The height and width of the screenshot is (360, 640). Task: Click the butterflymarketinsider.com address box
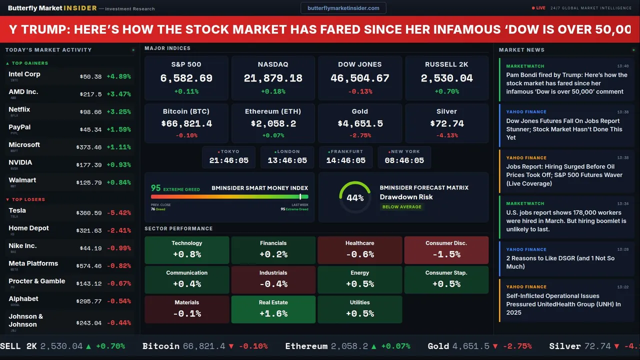coord(343,8)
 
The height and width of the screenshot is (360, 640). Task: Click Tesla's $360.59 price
coord(90,213)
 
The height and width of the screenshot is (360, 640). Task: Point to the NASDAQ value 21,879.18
coord(273,78)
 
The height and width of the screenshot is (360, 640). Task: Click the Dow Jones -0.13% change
coord(360,91)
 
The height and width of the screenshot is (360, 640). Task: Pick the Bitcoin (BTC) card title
coord(186,111)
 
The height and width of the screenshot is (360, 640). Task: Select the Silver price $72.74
coord(446,123)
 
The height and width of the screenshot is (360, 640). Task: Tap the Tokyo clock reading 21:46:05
coord(228,160)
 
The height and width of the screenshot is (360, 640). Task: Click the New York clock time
coord(404,160)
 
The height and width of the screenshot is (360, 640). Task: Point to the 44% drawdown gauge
coord(355,197)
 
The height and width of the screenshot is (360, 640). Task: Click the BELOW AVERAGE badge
coord(401,207)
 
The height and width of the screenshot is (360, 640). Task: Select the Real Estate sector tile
coord(273,309)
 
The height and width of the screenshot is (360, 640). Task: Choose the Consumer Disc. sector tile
coord(446,250)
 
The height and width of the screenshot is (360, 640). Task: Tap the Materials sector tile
coord(186,309)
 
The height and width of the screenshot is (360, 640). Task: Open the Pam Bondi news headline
coord(566,83)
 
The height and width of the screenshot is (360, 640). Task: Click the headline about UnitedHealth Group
coord(563,304)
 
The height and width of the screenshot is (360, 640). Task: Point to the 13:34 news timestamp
coord(622,204)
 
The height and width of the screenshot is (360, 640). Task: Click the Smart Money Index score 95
coord(156,188)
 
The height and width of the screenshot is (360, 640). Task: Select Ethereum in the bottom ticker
coord(306,346)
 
